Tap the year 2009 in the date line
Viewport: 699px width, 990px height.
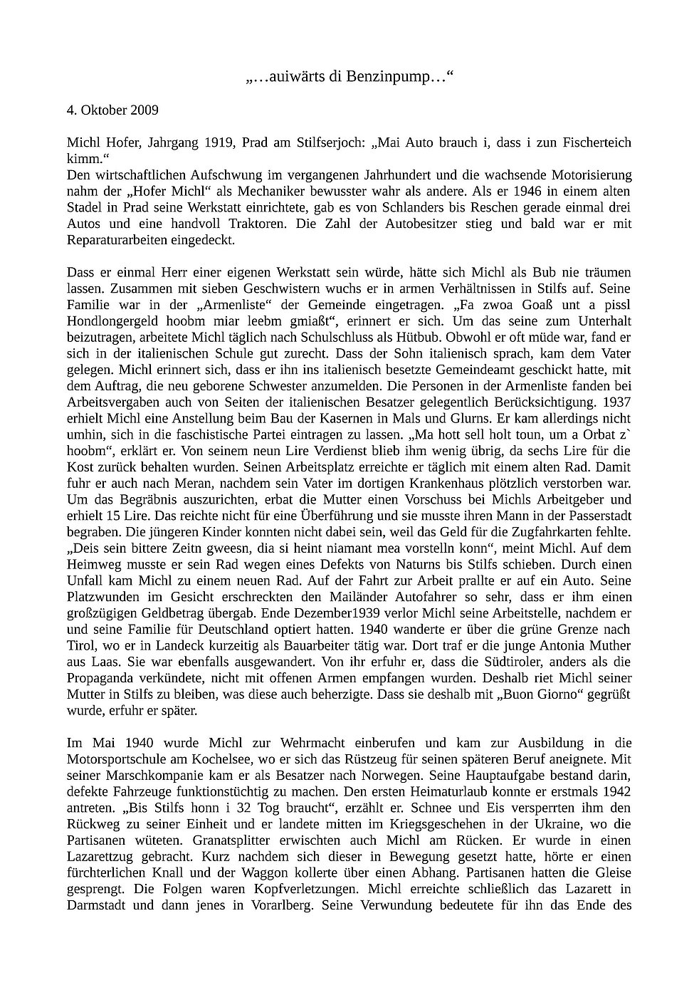click(x=143, y=110)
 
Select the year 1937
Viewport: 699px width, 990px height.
click(x=616, y=402)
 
